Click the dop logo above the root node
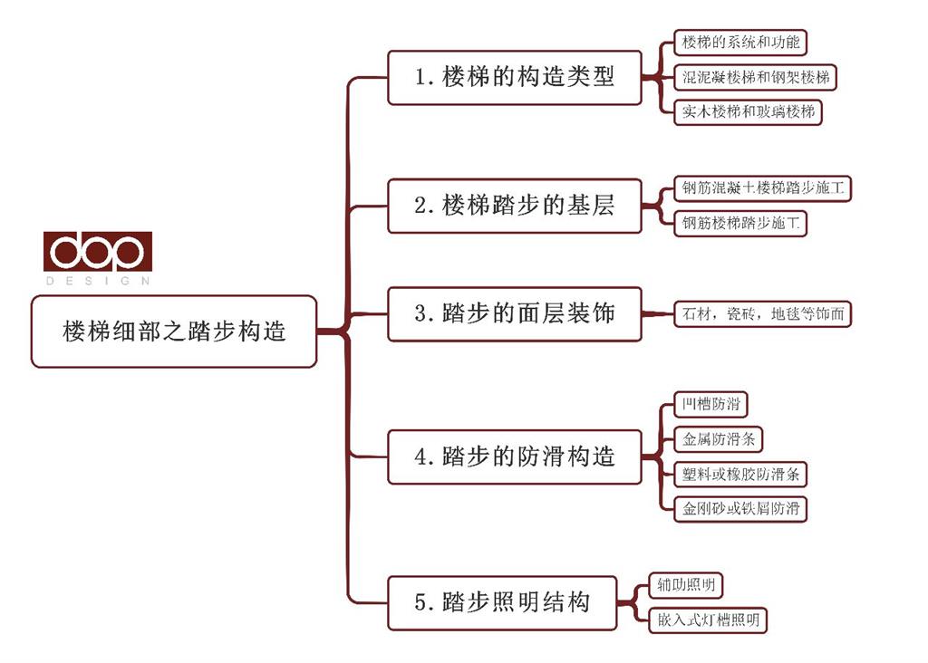98,252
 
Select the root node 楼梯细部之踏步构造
174,331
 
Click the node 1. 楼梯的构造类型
515,78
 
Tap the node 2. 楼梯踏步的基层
515,206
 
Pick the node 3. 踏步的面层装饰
515,314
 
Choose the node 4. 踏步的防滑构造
515,456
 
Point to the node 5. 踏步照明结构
502,602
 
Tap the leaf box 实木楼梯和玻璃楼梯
749,112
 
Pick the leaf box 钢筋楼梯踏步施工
740,223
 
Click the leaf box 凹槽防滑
711,404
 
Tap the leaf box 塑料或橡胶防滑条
740,474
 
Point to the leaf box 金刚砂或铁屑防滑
740,508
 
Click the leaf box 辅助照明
685,585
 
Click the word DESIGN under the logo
98,282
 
